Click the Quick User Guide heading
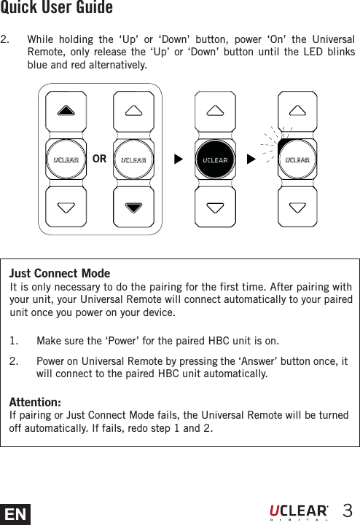click(57, 9)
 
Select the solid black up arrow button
click(66, 111)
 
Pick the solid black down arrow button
click(133, 207)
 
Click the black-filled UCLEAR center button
click(215, 159)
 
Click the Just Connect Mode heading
click(60, 274)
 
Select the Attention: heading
click(35, 403)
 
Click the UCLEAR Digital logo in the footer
click(299, 511)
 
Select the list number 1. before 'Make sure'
click(15, 341)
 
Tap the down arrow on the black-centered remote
click(215, 207)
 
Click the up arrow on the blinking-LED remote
click(297, 111)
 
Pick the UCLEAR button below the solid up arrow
click(66, 159)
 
